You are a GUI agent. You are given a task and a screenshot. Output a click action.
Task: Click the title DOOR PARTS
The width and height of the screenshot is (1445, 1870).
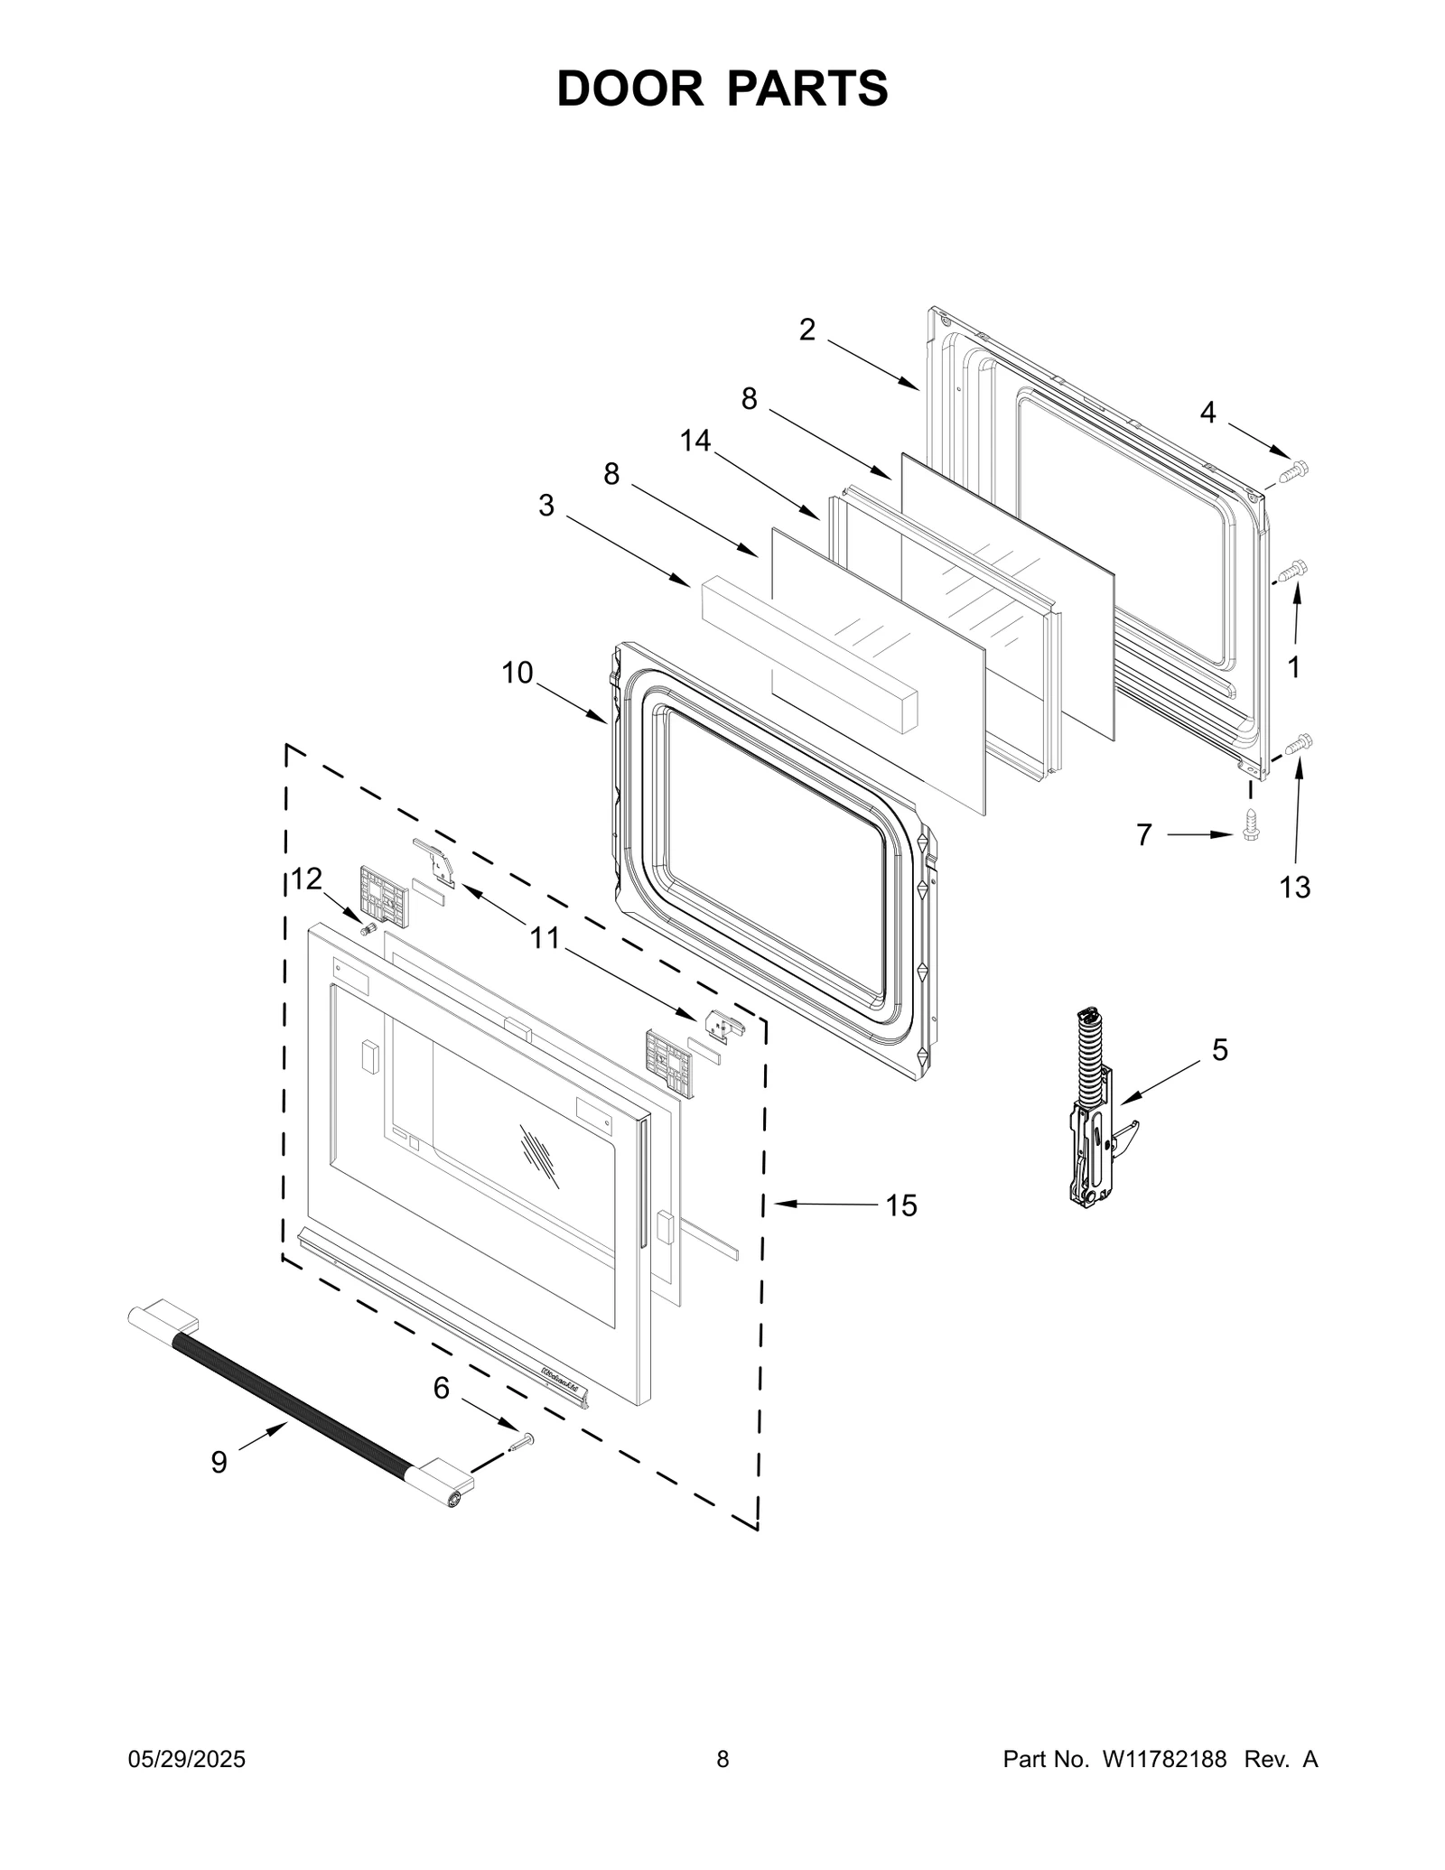point(722,88)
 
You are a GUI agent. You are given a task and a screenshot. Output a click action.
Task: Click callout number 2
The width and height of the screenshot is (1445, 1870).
point(806,330)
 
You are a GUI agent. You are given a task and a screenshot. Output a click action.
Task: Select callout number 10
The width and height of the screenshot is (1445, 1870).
point(517,673)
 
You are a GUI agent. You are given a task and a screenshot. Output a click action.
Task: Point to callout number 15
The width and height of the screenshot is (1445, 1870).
point(900,1205)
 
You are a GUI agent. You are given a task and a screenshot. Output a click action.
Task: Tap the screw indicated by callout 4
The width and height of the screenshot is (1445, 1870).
point(1294,470)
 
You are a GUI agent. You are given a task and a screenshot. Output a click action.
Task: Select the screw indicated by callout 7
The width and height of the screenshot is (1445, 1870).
point(1251,823)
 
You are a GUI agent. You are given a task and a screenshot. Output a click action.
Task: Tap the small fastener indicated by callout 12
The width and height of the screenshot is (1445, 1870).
point(368,928)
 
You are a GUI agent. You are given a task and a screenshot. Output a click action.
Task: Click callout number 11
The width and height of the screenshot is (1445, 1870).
point(545,938)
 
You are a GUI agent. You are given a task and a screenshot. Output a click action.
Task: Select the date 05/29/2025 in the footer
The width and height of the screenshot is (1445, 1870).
point(188,1760)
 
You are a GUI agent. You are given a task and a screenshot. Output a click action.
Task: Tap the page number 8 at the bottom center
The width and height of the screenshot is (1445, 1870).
point(722,1760)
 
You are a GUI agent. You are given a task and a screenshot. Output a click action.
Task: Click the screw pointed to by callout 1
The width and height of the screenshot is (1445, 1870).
point(1294,569)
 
